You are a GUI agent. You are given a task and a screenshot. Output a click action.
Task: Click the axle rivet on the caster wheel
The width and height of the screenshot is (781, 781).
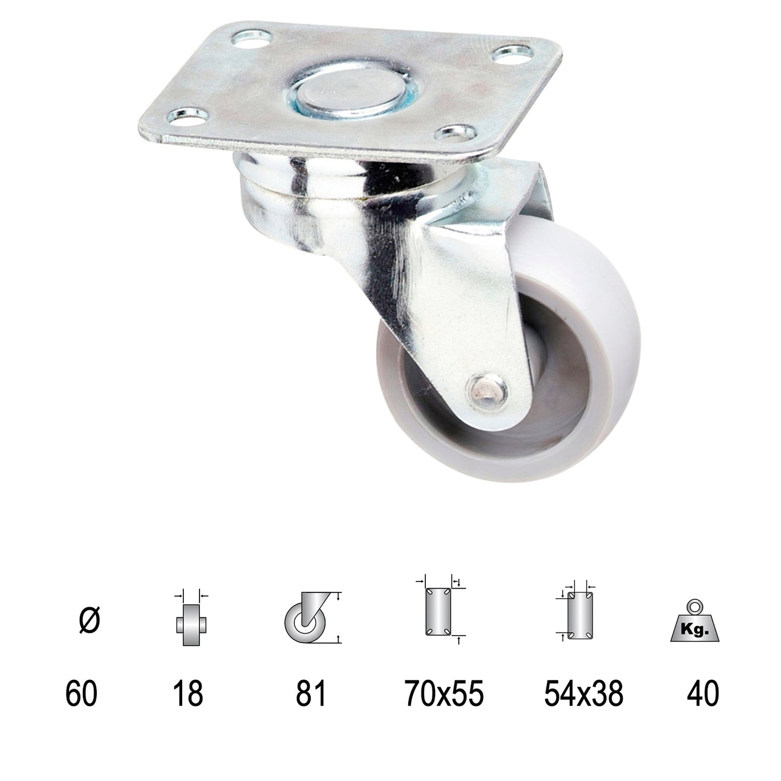[488, 389]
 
